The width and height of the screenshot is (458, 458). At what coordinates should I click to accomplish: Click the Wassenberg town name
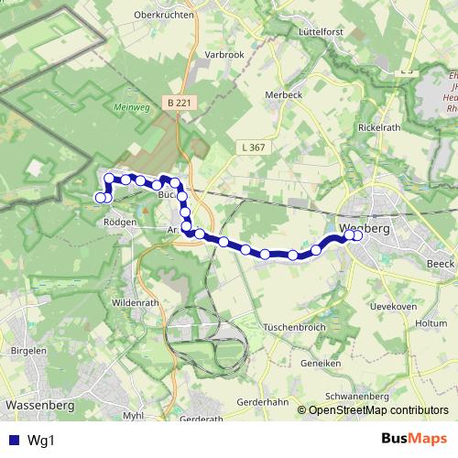(x=39, y=403)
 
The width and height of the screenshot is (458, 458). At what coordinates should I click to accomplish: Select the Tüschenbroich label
(x=295, y=327)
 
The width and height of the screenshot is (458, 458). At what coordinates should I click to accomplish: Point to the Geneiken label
(x=321, y=363)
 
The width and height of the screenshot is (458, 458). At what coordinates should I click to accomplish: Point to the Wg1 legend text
(x=40, y=440)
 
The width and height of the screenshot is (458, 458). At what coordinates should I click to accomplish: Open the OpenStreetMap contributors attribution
(x=378, y=410)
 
